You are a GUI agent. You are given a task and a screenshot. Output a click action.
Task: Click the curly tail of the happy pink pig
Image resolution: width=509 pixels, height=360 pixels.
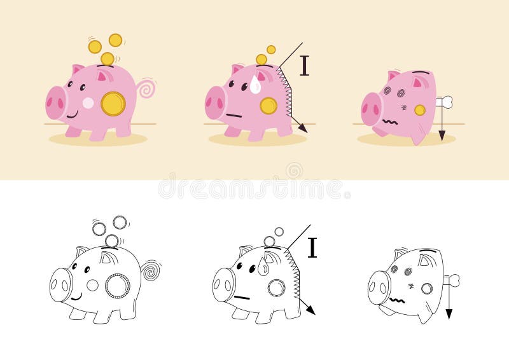tap(147, 88)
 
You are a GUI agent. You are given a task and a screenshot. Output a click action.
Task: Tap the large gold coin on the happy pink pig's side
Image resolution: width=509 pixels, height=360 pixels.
tap(113, 104)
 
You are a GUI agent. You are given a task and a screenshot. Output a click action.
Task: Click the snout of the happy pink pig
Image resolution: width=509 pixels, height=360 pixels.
tap(56, 102)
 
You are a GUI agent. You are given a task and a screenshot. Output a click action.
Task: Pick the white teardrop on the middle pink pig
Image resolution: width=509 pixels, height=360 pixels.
tap(255, 85)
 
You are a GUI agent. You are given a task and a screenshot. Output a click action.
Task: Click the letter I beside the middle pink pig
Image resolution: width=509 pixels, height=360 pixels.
tap(304, 66)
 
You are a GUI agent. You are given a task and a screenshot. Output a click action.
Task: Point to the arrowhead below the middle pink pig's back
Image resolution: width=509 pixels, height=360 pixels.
tap(303, 128)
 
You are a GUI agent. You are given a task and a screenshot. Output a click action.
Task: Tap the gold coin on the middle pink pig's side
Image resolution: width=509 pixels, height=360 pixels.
tap(268, 106)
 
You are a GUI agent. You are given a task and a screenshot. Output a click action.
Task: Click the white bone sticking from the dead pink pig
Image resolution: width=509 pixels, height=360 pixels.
tap(445, 101)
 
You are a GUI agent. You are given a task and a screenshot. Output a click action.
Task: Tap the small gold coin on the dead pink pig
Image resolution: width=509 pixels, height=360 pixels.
tap(420, 110)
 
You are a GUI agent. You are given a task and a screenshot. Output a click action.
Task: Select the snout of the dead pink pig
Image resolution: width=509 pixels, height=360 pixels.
tap(371, 109)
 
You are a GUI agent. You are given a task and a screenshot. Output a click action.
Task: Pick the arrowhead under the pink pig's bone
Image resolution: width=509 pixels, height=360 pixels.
tap(442, 135)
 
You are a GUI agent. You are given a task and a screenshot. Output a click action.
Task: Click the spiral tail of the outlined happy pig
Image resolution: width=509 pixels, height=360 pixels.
tap(151, 270)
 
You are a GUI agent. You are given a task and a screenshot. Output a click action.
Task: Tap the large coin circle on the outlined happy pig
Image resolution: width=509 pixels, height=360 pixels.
tap(118, 286)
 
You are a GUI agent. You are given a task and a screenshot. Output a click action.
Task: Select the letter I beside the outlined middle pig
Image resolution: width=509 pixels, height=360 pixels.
tap(312, 247)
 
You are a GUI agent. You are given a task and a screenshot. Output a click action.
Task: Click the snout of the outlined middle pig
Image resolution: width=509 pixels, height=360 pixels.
tap(223, 284)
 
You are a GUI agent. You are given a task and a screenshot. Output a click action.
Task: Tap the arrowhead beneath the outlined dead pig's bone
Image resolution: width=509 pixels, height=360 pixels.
tap(449, 314)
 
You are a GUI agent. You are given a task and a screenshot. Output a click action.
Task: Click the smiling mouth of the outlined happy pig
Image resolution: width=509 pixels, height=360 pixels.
tap(76, 297)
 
